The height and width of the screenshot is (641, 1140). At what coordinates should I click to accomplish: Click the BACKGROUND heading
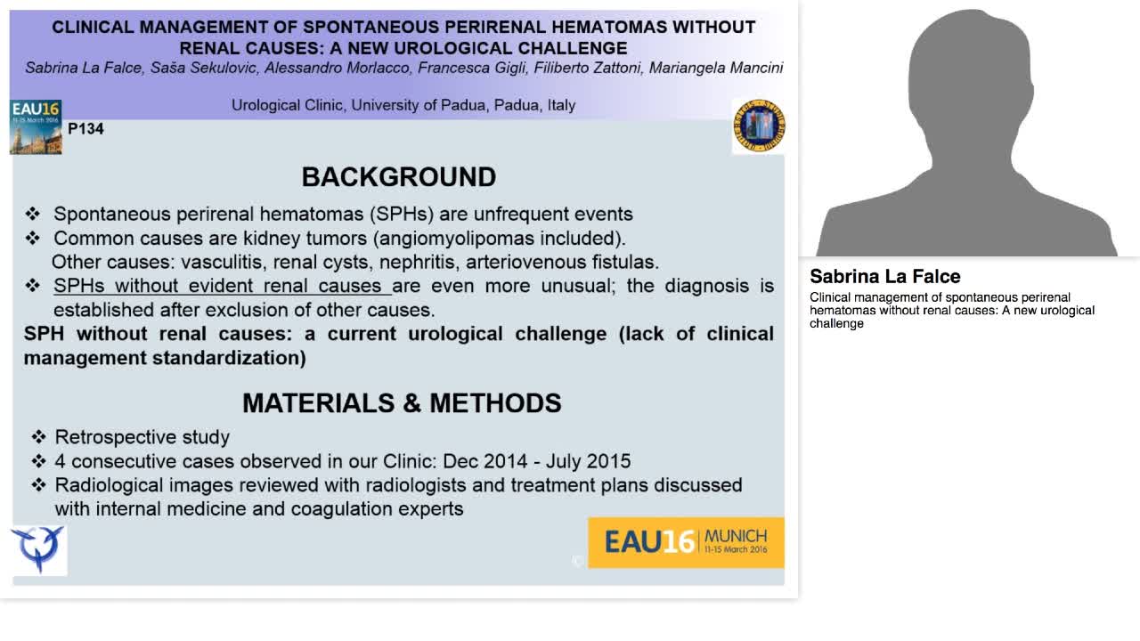point(398,177)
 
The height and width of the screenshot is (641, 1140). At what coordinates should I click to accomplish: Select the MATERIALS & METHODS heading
point(402,403)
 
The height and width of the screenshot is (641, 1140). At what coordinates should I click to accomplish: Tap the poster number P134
point(85,129)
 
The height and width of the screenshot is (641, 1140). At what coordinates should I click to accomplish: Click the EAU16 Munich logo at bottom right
point(686,541)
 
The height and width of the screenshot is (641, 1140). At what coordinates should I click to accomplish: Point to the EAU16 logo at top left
point(36,127)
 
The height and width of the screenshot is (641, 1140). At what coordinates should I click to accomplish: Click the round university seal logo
point(758,126)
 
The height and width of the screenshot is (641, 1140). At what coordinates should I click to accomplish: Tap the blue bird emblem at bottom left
point(37,548)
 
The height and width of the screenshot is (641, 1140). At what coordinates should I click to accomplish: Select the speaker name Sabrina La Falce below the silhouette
point(884,277)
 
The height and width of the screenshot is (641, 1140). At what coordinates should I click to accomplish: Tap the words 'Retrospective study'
point(142,437)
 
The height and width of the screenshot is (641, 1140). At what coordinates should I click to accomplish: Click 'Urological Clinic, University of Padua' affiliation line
point(403,105)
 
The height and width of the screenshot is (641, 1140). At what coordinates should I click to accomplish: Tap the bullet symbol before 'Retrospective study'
point(38,437)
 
